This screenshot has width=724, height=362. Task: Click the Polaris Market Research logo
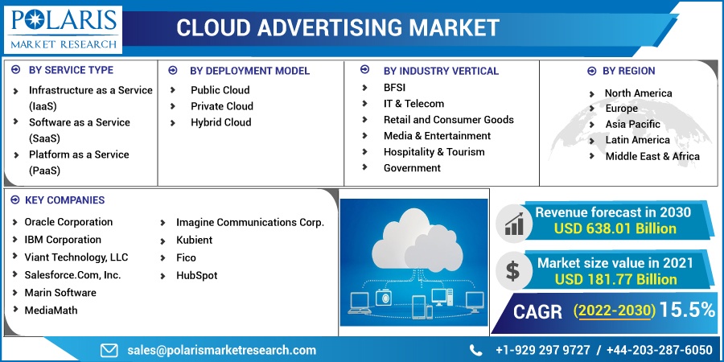coord(64,29)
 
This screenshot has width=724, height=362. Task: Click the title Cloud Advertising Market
coord(338,27)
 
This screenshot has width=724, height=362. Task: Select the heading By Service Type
coord(71,70)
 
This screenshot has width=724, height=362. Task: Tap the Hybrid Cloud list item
coord(221,122)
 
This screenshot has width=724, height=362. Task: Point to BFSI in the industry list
coord(394,87)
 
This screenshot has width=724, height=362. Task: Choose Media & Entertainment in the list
coord(437,136)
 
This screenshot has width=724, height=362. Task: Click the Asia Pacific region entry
coord(632,124)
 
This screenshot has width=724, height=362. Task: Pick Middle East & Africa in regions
coord(652,157)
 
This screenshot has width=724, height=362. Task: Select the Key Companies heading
coord(64,200)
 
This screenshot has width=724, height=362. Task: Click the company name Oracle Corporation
coord(68,222)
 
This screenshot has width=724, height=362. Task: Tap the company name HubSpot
coord(197,276)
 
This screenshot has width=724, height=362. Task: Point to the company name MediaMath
coord(51,311)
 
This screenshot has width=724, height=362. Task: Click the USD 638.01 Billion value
coord(615,228)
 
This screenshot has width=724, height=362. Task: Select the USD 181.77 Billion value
coord(616,279)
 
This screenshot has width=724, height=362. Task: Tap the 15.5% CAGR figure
coord(687,311)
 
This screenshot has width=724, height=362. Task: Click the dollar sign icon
coord(512,270)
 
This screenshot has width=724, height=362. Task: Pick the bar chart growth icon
coord(514,224)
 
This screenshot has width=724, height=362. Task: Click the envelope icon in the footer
coord(109,351)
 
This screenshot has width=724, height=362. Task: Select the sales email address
coord(222,350)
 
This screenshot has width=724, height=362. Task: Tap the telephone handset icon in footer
coord(475,350)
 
